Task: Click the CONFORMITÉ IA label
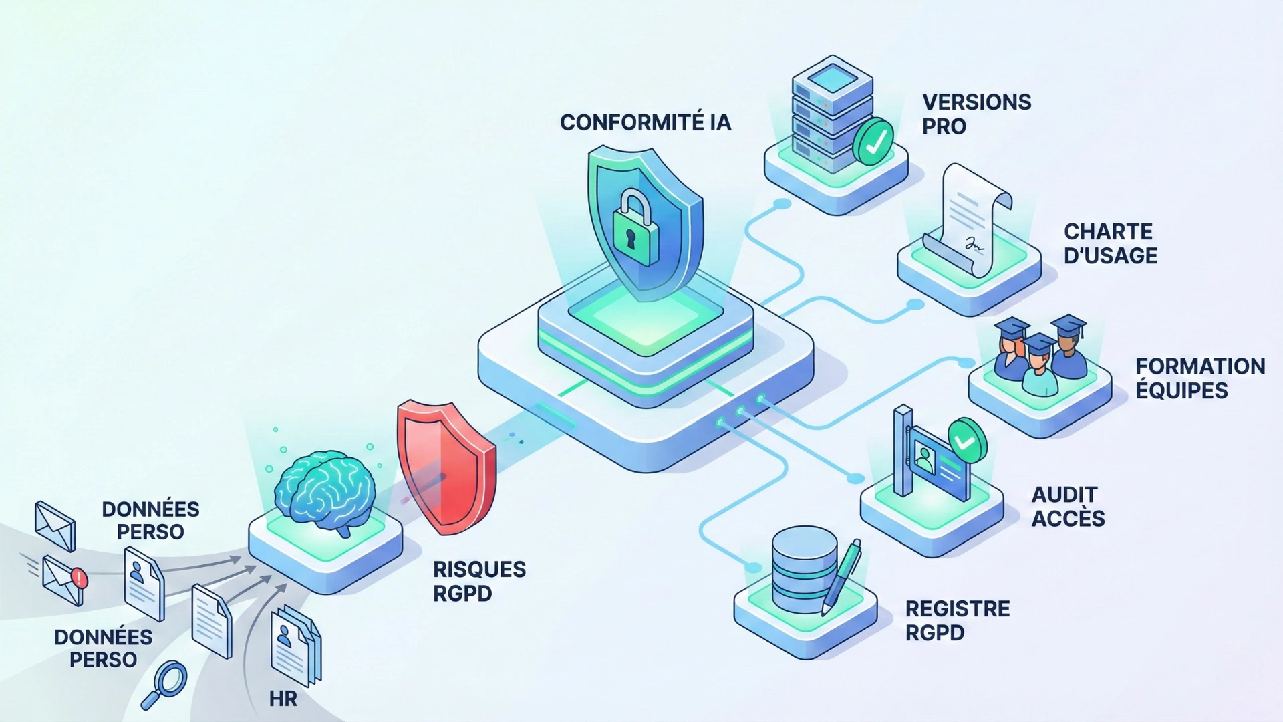(x=646, y=123)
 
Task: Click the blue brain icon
(x=325, y=492)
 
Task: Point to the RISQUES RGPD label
(x=479, y=581)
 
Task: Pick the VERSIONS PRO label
(x=976, y=114)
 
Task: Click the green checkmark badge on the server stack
(x=873, y=142)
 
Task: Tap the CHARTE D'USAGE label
(x=1110, y=243)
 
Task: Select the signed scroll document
(x=969, y=220)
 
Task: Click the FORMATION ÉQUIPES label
(x=1200, y=378)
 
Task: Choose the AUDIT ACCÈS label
(x=1068, y=507)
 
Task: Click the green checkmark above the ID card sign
(x=966, y=441)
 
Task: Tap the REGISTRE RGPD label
(x=957, y=620)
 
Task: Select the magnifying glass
(x=164, y=684)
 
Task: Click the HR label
(x=283, y=699)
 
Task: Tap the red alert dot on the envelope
(x=79, y=577)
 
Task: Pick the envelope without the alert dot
(x=55, y=526)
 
